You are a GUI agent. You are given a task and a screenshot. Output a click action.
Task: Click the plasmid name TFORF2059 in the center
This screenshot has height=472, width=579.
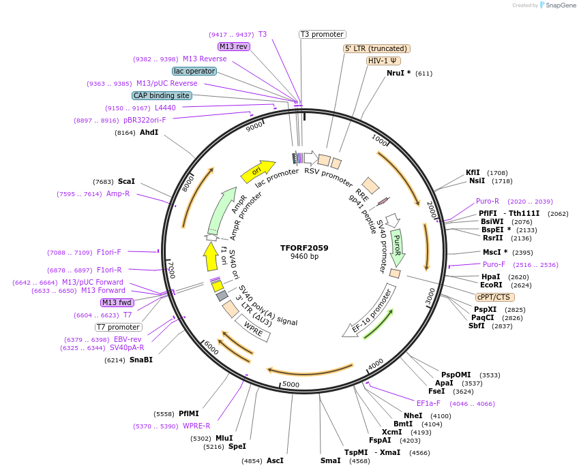pyautogui.click(x=304, y=248)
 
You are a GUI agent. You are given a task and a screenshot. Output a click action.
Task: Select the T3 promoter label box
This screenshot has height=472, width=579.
pyautogui.click(x=323, y=34)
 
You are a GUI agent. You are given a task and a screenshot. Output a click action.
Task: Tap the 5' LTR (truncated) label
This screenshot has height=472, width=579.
pyautogui.click(x=376, y=48)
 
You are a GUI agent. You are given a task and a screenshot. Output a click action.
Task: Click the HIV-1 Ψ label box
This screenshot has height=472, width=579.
pyautogui.click(x=383, y=61)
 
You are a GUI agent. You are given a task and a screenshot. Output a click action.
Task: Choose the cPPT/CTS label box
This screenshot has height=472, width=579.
pyautogui.click(x=495, y=297)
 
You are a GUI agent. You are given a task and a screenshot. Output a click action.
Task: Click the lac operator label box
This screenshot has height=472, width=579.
pyautogui.click(x=194, y=71)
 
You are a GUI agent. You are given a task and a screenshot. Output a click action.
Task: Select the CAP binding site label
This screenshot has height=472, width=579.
pyautogui.click(x=162, y=96)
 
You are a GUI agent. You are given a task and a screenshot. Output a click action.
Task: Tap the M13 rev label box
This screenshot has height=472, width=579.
pyautogui.click(x=233, y=46)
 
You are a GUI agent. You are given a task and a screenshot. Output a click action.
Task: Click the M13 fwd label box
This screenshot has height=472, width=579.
pyautogui.click(x=117, y=302)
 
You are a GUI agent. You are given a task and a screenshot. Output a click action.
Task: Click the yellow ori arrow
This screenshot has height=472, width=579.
pyautogui.click(x=258, y=172)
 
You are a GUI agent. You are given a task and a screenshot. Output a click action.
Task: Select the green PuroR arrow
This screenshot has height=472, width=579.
pyautogui.click(x=397, y=247)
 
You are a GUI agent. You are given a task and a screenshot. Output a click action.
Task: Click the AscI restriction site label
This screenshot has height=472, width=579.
pyautogui.click(x=275, y=460)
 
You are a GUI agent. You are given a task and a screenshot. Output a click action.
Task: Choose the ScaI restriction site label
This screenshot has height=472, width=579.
pyautogui.click(x=126, y=182)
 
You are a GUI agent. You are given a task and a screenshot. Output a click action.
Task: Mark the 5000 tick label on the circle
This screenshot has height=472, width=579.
pyautogui.click(x=291, y=385)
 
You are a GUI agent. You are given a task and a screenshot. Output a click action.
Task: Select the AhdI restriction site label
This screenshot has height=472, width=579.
pyautogui.click(x=149, y=132)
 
